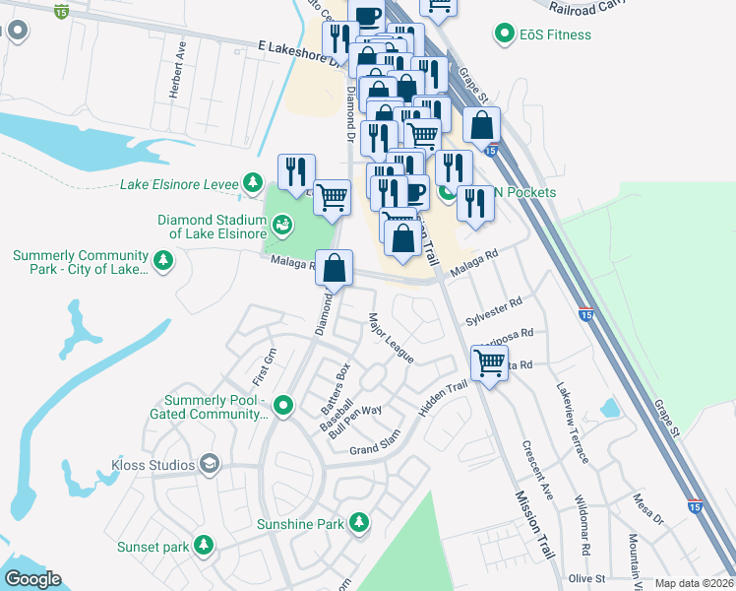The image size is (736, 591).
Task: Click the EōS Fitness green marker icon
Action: point(505,34)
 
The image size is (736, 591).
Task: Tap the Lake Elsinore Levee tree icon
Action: point(254,183)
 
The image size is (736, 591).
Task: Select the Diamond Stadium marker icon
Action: point(282,227)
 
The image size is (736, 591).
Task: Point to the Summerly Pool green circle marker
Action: point(283,405)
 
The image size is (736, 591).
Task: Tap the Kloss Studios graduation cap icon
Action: point(209,464)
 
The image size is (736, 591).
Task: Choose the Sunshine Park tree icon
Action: point(360,521)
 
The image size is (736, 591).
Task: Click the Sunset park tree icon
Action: point(204,544)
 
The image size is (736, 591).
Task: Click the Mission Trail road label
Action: point(532,526)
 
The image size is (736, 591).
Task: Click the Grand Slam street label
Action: point(376,450)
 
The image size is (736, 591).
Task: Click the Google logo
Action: point(32,579)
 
